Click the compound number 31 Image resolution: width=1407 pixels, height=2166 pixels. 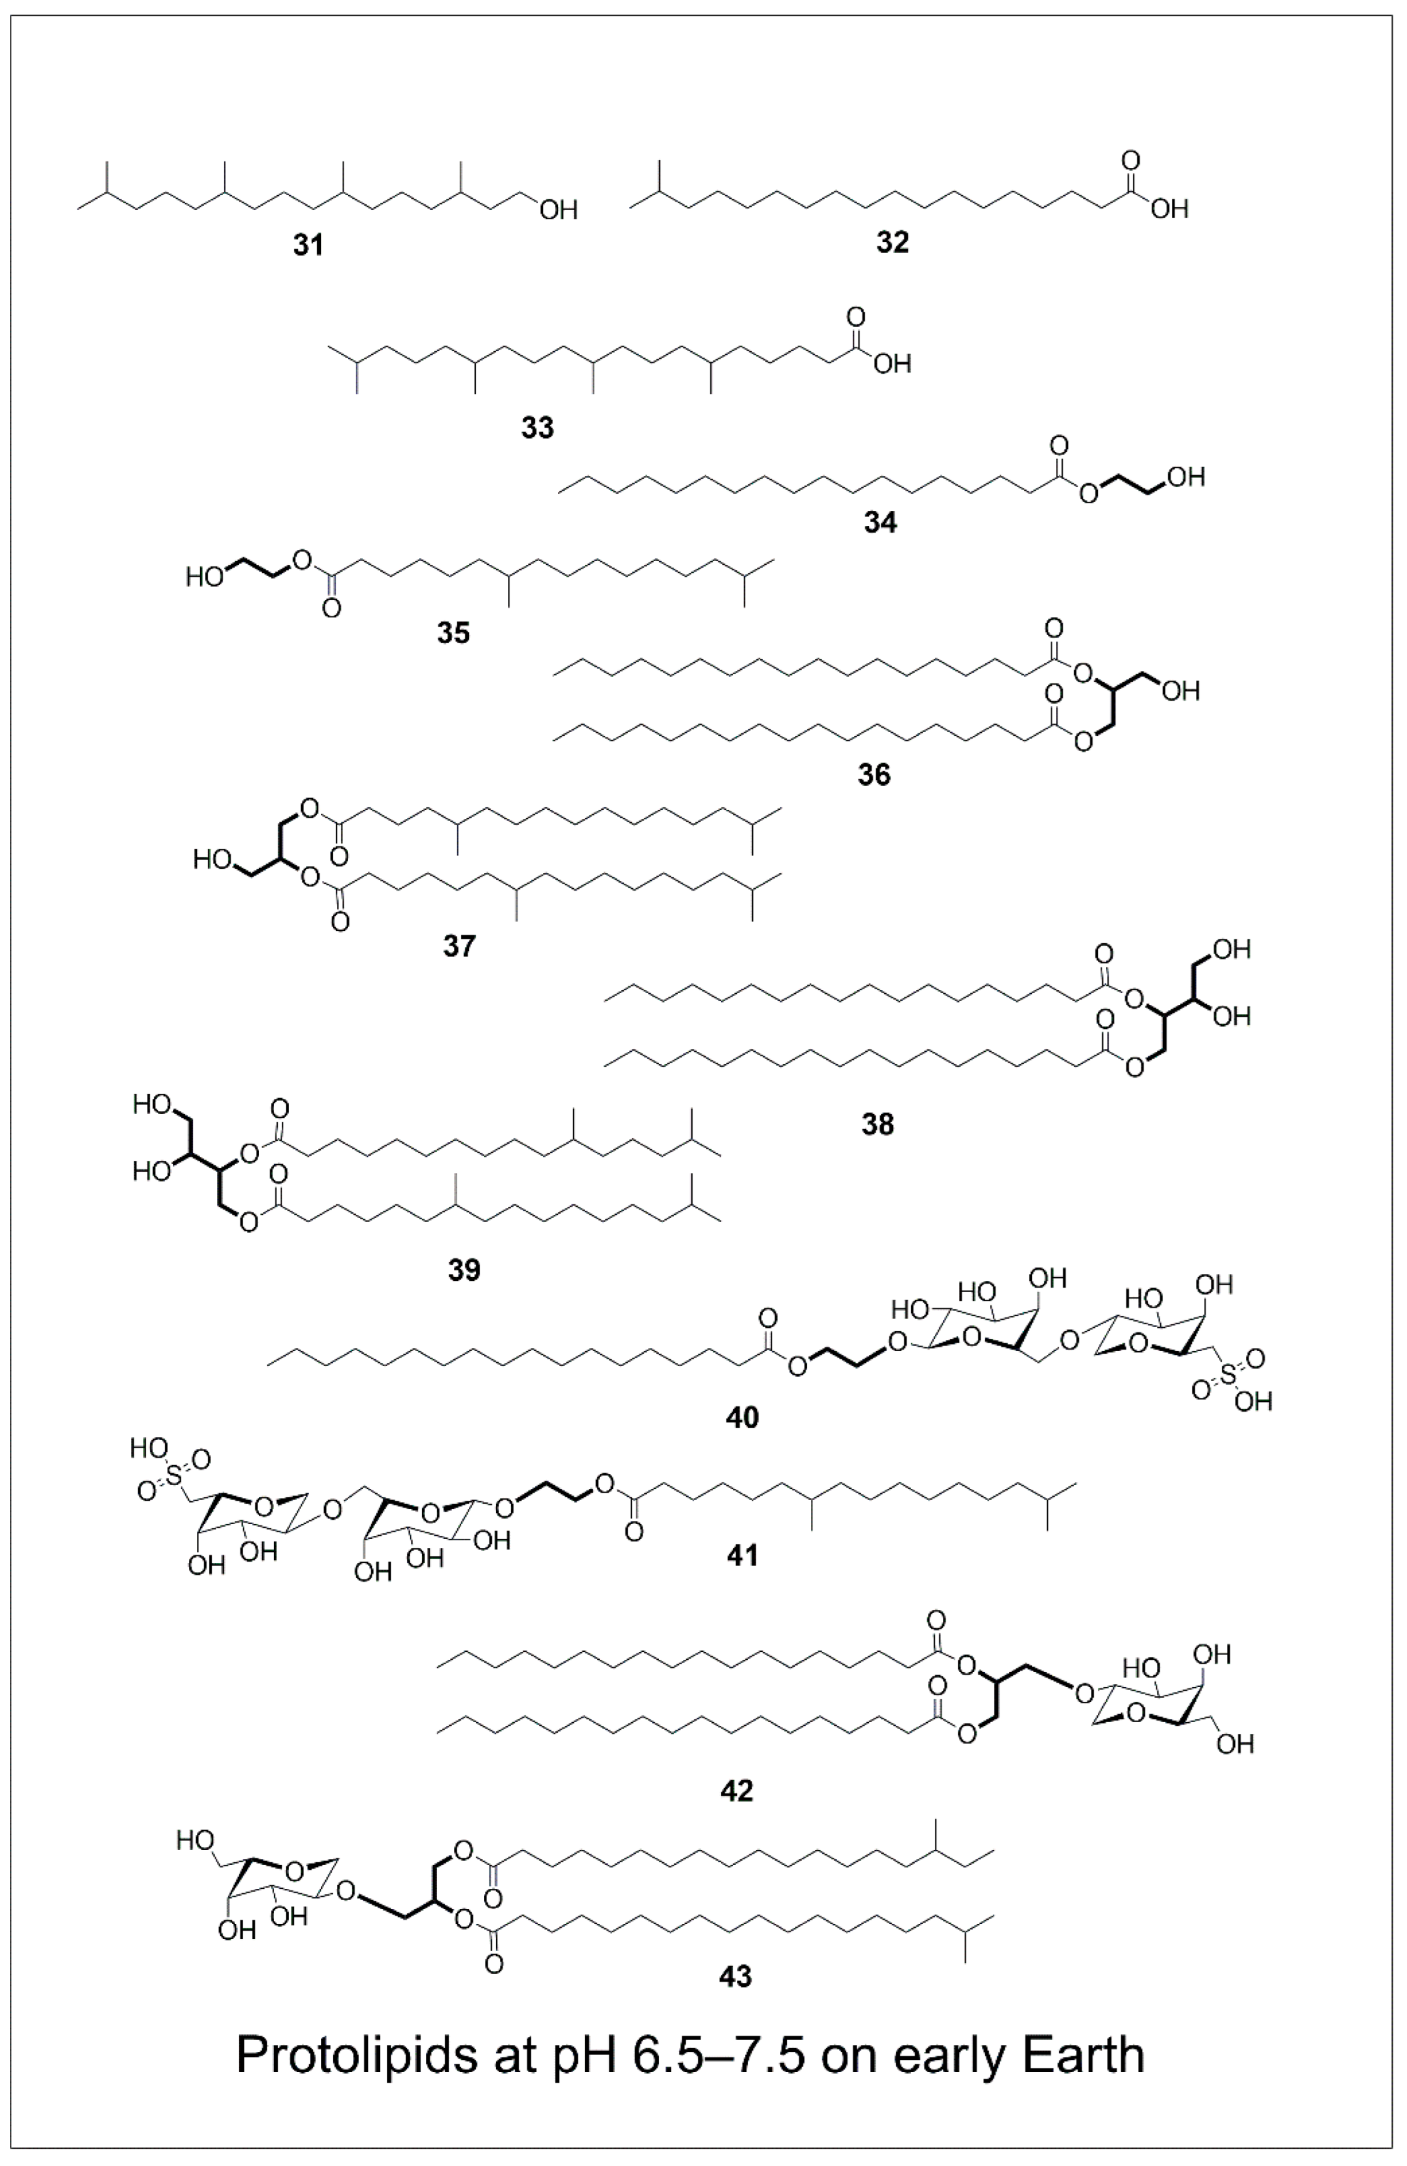coord(309,245)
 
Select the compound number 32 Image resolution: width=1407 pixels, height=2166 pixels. coord(893,242)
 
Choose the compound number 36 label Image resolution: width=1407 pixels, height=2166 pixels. coord(874,775)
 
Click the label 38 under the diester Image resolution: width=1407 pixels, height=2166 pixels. coord(878,1125)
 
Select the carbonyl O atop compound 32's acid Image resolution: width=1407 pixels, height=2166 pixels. coord(1131,161)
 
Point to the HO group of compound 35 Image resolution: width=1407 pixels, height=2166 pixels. coord(205,577)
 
